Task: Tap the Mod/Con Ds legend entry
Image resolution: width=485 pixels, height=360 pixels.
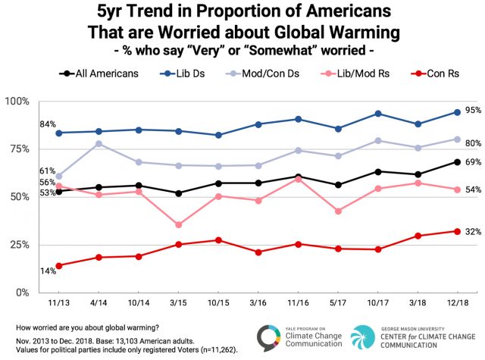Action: [265, 74]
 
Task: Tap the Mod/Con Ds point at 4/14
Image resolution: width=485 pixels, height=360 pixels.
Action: [99, 143]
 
